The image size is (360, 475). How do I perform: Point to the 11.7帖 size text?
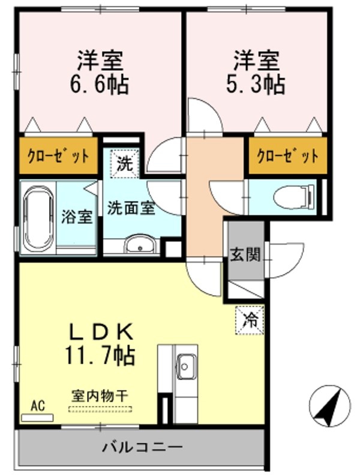pyautogui.click(x=100, y=355)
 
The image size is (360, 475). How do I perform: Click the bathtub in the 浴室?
pyautogui.click(x=38, y=217)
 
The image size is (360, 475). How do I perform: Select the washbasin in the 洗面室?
pyautogui.click(x=140, y=243)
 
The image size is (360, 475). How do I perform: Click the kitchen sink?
pyautogui.click(x=185, y=366)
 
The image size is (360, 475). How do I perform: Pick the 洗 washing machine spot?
pyautogui.click(x=125, y=164)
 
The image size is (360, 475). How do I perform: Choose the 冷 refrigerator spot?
pyautogui.click(x=250, y=320)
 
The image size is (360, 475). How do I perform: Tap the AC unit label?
pyautogui.click(x=38, y=405)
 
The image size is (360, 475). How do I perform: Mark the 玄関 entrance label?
pyautogui.click(x=245, y=254)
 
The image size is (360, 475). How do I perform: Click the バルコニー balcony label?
pyautogui.click(x=142, y=447)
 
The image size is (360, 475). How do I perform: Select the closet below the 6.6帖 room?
pyautogui.click(x=58, y=156)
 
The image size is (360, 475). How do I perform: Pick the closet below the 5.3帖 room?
pyautogui.click(x=288, y=156)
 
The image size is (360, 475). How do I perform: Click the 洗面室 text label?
pyautogui.click(x=131, y=208)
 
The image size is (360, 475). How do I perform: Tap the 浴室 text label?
pyautogui.click(x=77, y=217)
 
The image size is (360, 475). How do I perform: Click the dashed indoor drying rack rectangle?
pyautogui.click(x=100, y=409)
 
